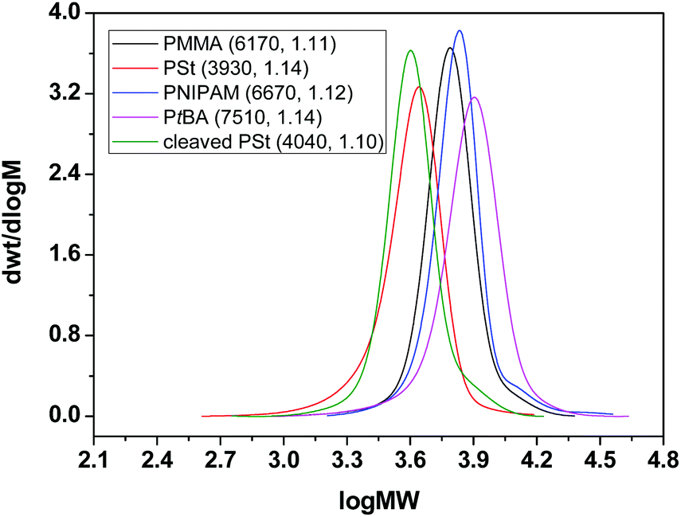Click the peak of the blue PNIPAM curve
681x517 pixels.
coord(460,30)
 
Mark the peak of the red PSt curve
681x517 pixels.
coord(419,87)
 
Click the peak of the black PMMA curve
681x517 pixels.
coord(450,48)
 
